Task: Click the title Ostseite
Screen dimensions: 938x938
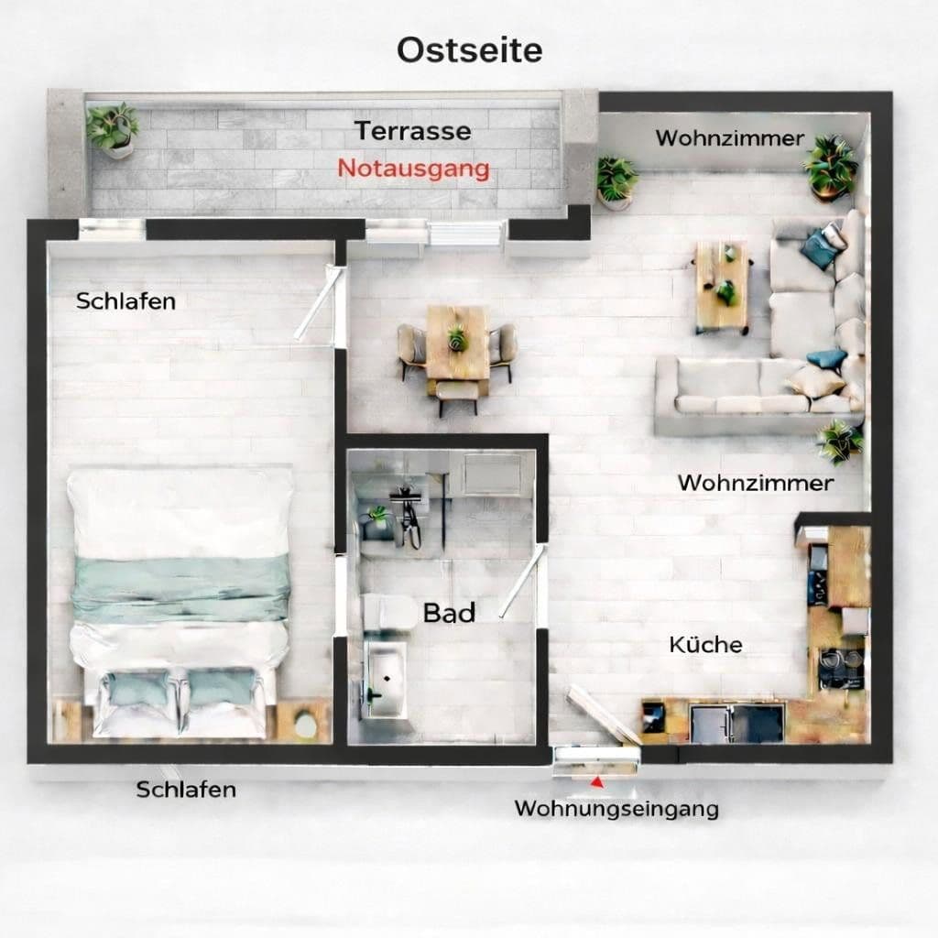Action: coord(469,50)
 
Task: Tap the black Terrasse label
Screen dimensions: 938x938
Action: coord(413,130)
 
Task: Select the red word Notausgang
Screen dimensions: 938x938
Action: coord(413,169)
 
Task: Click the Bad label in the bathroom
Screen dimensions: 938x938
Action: coord(449,613)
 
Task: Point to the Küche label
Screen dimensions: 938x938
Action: coord(705,644)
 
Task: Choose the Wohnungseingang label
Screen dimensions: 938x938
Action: coord(616,809)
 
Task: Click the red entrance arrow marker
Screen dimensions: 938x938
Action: coord(597,782)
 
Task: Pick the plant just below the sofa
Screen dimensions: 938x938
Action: coord(838,442)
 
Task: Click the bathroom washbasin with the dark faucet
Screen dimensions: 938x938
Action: coord(387,681)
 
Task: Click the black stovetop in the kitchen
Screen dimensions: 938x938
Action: coord(839,667)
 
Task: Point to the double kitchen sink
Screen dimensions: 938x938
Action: coord(736,721)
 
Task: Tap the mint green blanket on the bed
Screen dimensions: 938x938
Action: coord(180,589)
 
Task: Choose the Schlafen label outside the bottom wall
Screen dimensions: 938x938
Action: coord(186,789)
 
